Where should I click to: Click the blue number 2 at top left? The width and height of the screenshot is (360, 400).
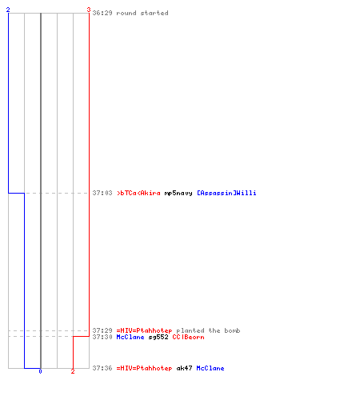click(x=8, y=10)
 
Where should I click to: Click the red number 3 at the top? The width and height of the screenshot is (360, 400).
click(x=89, y=10)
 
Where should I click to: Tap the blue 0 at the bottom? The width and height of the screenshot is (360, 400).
click(x=40, y=371)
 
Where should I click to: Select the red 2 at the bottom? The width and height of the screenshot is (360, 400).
click(x=73, y=371)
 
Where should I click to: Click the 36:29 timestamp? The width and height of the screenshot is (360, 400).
click(x=102, y=13)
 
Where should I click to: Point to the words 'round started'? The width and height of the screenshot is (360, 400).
click(x=142, y=13)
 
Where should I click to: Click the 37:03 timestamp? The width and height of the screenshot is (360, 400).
click(x=102, y=193)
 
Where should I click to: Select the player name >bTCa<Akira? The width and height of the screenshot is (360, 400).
click(x=138, y=193)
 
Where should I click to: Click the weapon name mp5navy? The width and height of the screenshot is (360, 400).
click(x=178, y=193)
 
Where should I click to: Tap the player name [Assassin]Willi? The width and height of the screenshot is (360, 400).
click(x=226, y=193)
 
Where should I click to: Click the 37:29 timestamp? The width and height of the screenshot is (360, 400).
click(x=102, y=330)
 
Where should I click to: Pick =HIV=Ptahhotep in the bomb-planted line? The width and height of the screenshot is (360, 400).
click(x=144, y=331)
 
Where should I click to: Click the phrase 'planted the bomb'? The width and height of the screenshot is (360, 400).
click(x=208, y=330)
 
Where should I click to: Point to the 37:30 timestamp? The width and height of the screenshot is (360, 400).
click(x=102, y=337)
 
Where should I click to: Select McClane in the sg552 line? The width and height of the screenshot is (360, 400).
click(x=130, y=337)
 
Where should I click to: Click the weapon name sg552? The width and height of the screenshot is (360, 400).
click(x=158, y=338)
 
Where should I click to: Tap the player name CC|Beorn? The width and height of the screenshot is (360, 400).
click(x=188, y=337)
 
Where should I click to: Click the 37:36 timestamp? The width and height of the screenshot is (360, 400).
click(x=102, y=368)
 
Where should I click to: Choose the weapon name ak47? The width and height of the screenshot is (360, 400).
click(x=184, y=368)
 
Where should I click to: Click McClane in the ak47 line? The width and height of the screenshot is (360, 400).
click(x=210, y=368)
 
